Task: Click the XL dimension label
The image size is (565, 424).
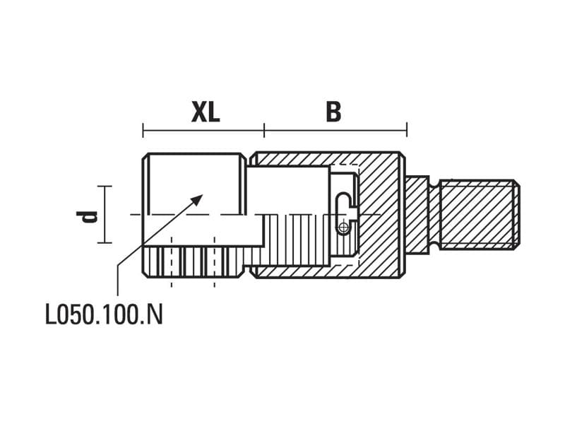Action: [206, 112]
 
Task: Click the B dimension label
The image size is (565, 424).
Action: [333, 112]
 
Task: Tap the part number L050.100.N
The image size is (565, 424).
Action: [104, 314]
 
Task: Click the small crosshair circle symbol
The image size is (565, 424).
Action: [343, 228]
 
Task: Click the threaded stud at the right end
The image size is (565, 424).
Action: [480, 215]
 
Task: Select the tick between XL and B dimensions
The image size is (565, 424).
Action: [264, 130]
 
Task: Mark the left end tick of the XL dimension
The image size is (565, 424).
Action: [143, 130]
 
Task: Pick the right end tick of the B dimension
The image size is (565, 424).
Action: [407, 130]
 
